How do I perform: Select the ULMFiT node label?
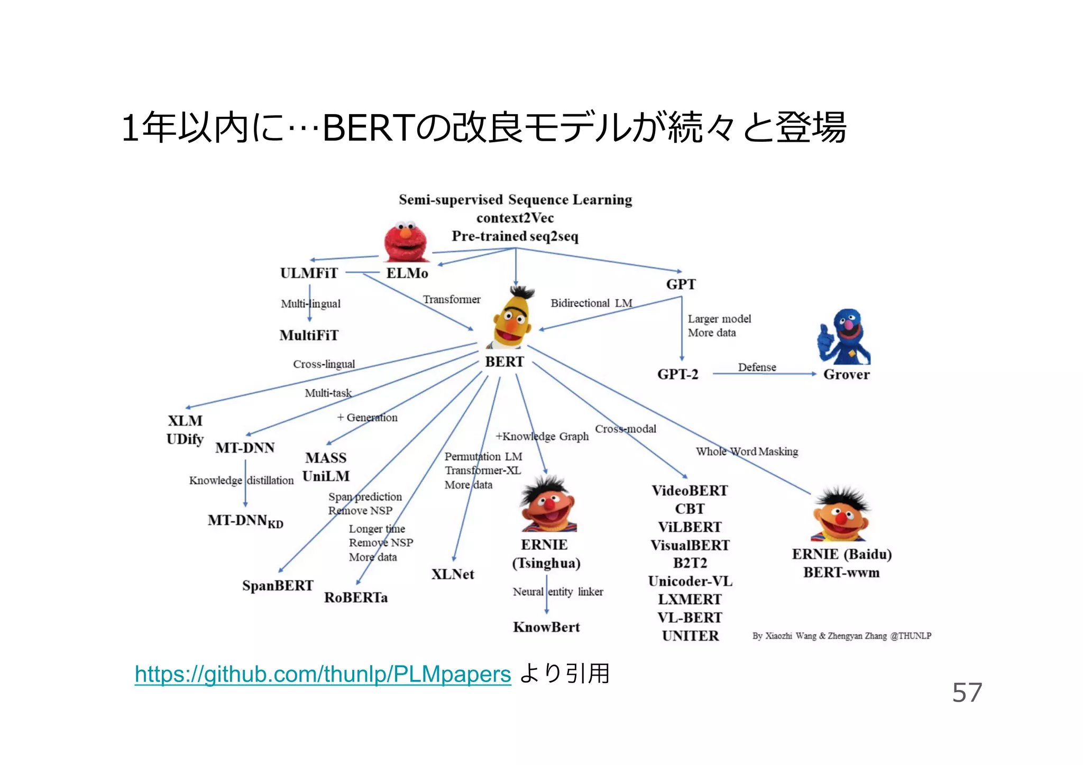pos(309,273)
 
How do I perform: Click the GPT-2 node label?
pos(677,374)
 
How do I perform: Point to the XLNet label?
pos(453,574)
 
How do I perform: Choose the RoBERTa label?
pos(356,597)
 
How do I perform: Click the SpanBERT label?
pos(278,586)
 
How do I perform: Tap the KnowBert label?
pos(546,627)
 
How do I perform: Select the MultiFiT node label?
pos(309,335)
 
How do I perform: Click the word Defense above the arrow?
pos(757,367)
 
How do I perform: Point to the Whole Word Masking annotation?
pos(747,451)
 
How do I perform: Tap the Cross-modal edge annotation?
pos(626,429)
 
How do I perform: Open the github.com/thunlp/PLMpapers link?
pos(323,674)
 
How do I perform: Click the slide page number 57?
pos(967,692)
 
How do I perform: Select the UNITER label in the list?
pos(690,635)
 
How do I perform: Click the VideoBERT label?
pos(690,491)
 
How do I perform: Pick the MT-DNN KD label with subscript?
pos(245,521)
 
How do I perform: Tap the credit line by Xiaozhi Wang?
pos(841,636)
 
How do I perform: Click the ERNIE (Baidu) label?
pos(841,554)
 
